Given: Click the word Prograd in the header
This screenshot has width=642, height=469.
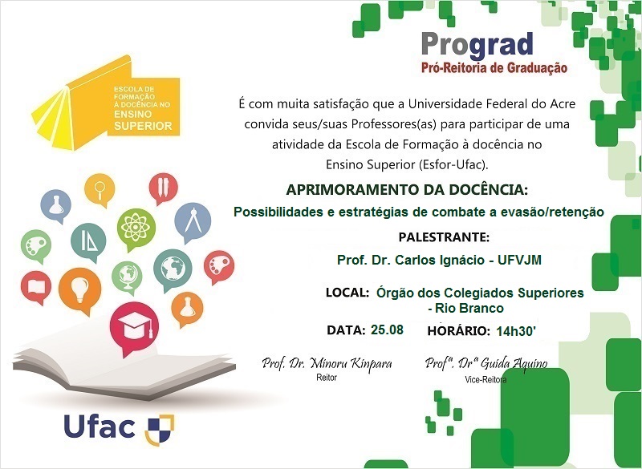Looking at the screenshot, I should tap(477, 44).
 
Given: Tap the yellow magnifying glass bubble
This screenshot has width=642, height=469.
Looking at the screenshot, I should tap(100, 192).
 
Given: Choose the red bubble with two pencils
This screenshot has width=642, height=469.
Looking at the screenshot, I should tap(163, 188).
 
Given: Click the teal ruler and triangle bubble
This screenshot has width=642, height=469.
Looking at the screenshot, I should tap(88, 240).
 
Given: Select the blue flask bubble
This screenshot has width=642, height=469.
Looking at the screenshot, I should tap(57, 204).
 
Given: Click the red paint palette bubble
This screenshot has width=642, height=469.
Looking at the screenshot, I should tap(218, 265).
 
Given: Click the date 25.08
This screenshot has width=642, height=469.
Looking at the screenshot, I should tap(387, 330).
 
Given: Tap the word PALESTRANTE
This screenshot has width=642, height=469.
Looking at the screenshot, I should tap(443, 237).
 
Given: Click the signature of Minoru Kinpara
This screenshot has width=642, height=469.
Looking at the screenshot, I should tap(327, 363).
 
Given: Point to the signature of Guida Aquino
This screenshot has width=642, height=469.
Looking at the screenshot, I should tap(486, 363).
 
